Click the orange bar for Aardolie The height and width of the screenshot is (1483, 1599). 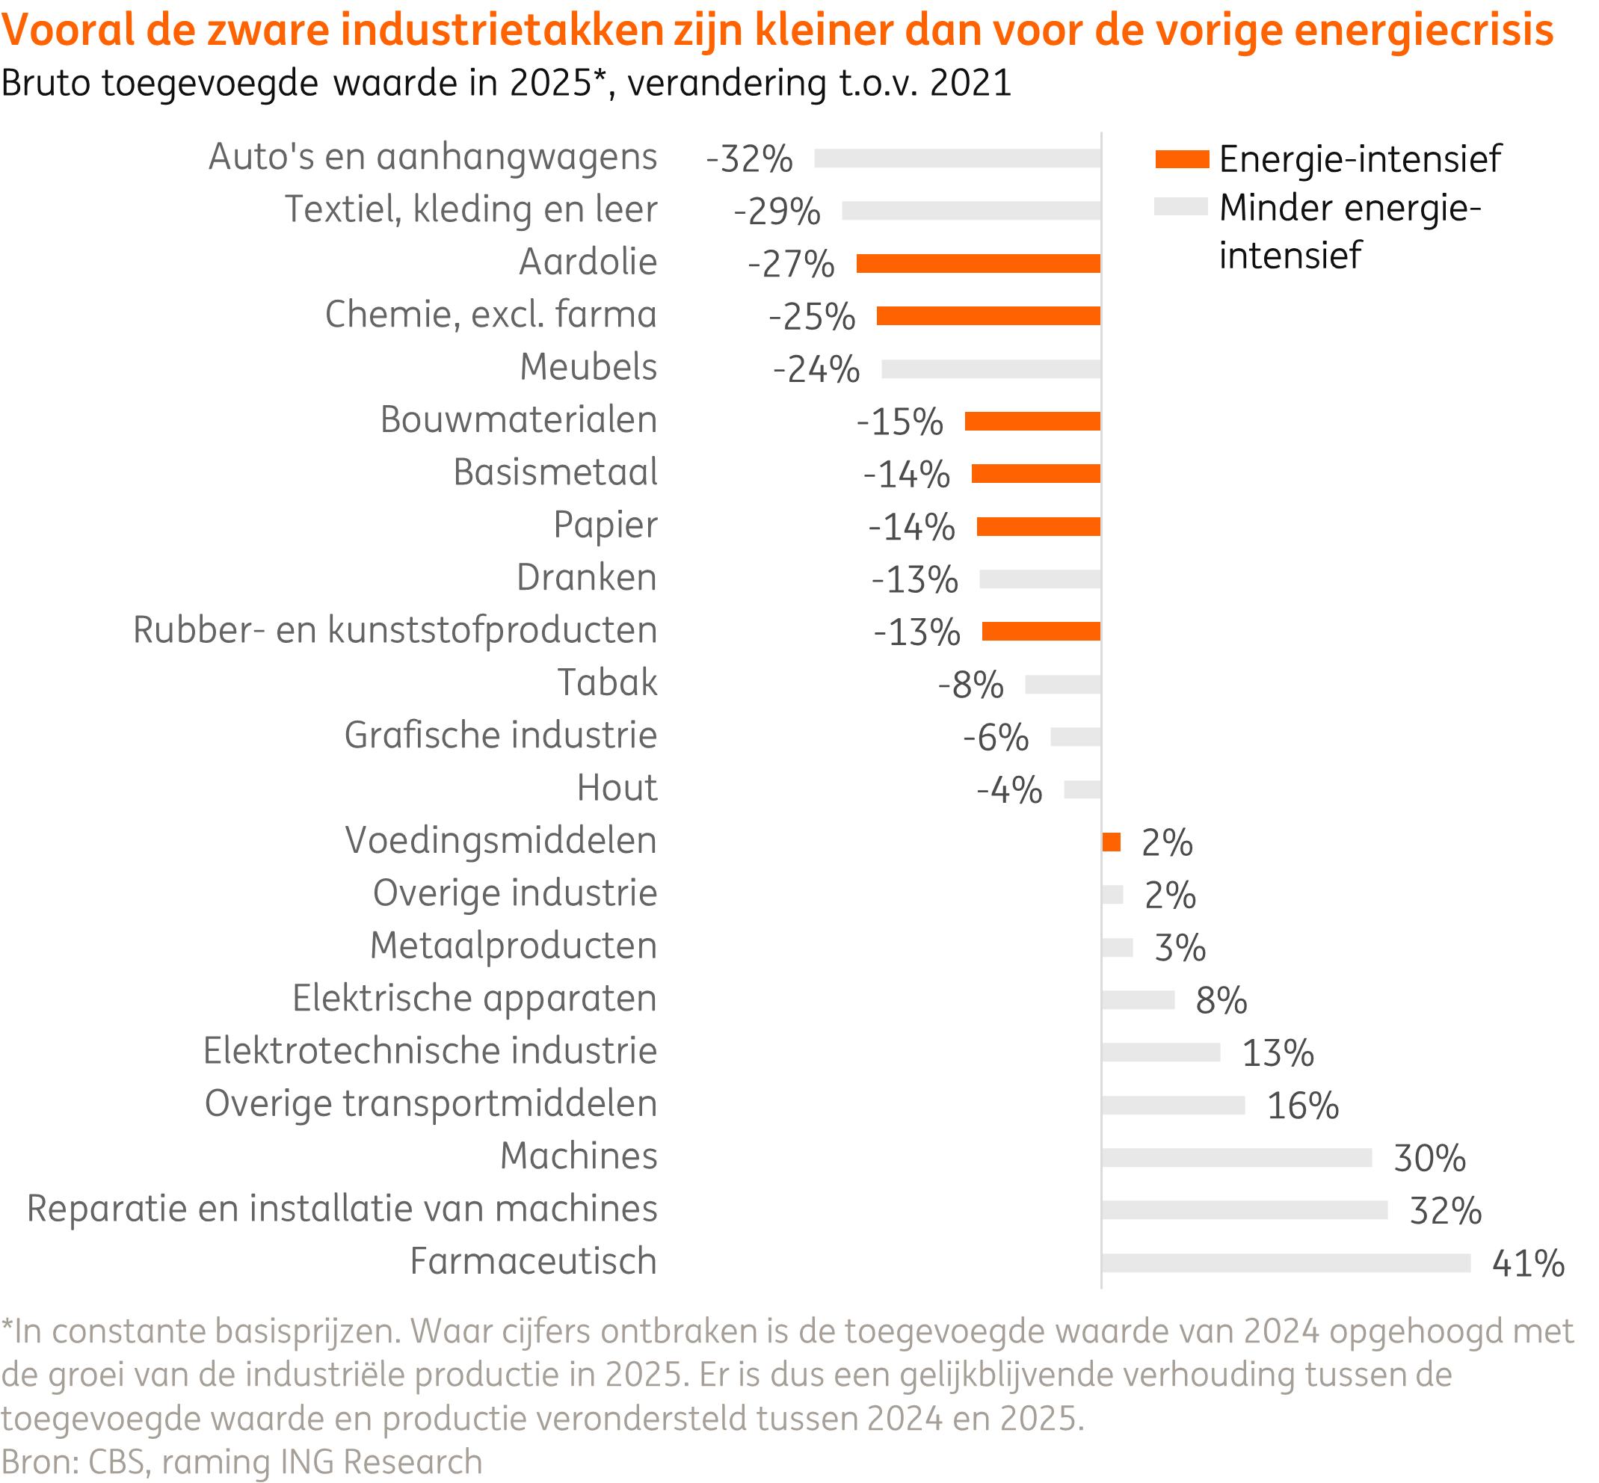click(978, 263)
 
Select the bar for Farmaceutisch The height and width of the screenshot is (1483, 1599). click(1285, 1262)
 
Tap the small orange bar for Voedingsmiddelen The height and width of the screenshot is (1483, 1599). click(1111, 842)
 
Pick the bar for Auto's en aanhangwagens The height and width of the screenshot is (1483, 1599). click(957, 158)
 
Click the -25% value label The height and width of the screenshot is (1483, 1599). click(812, 316)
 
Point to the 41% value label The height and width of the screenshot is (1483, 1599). click(1527, 1263)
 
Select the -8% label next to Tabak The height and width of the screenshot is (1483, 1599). click(970, 685)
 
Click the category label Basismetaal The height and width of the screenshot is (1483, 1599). click(555, 472)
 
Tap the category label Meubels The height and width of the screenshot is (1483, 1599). click(588, 367)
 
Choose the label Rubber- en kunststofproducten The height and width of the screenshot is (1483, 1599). click(395, 630)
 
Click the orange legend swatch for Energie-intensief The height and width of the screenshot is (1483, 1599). click(1182, 159)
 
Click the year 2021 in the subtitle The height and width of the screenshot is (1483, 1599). click(970, 84)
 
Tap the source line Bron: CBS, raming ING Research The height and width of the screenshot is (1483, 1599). click(241, 1461)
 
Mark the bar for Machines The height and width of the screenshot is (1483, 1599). click(1236, 1157)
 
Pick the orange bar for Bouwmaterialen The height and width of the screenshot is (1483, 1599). click(1032, 422)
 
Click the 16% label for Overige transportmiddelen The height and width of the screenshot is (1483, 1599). click(1302, 1106)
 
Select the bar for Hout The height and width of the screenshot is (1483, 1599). click(1082, 789)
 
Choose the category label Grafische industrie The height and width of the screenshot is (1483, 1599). click(500, 735)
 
